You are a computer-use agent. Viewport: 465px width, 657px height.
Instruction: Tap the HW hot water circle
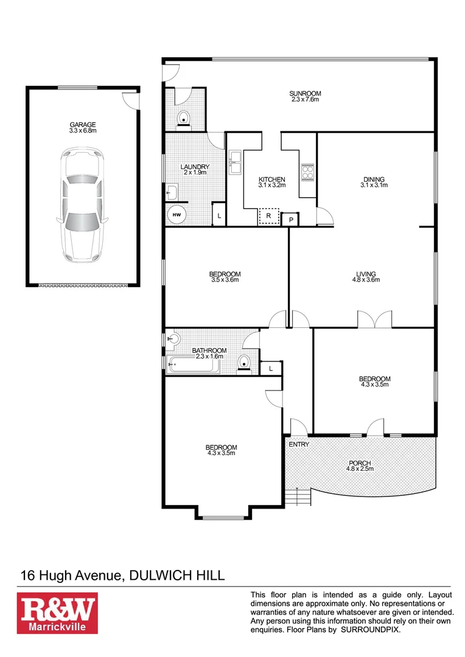point(177,215)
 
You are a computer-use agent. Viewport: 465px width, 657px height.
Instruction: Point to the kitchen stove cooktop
point(307,170)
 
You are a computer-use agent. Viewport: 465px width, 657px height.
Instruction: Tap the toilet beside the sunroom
point(184,118)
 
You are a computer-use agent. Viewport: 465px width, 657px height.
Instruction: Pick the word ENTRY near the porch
point(299,444)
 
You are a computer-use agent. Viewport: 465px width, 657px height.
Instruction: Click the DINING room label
point(374,179)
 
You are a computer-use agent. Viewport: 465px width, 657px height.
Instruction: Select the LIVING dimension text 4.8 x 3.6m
point(366,280)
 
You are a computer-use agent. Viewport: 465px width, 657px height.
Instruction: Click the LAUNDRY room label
point(195,167)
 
